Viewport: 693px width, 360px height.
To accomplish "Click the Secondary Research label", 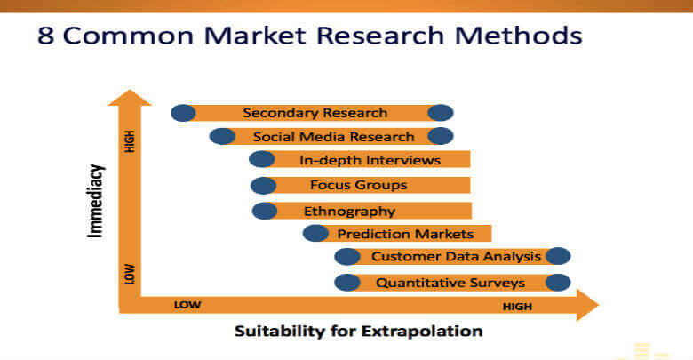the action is [x=315, y=113].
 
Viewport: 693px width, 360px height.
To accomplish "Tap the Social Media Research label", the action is [x=334, y=137].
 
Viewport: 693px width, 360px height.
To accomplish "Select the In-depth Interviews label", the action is [x=370, y=160].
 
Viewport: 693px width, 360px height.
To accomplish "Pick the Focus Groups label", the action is [x=358, y=185].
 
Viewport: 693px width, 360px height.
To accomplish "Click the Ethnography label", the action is [x=349, y=212].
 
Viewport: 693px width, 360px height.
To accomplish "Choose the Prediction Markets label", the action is [x=405, y=234].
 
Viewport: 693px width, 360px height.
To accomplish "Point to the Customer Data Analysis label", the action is [x=456, y=257].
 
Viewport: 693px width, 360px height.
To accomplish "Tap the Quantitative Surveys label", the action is [x=450, y=283].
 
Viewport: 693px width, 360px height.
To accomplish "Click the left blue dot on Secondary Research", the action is [x=183, y=113].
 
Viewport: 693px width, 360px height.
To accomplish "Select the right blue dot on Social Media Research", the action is [x=440, y=136].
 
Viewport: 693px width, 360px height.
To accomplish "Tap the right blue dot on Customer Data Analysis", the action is [x=558, y=256].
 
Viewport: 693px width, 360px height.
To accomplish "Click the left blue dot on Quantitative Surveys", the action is [x=347, y=283].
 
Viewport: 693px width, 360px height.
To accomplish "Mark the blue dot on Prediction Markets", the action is [x=315, y=233].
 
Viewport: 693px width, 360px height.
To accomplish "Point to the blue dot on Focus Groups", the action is [x=263, y=186].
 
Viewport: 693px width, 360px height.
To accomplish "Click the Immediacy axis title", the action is [x=95, y=201].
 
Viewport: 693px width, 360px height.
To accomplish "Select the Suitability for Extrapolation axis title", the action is [x=358, y=332].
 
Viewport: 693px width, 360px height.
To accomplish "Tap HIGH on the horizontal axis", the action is [x=517, y=306].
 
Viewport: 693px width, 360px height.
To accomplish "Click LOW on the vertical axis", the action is [x=130, y=274].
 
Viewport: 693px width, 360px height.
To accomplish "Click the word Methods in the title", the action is [x=519, y=36].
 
